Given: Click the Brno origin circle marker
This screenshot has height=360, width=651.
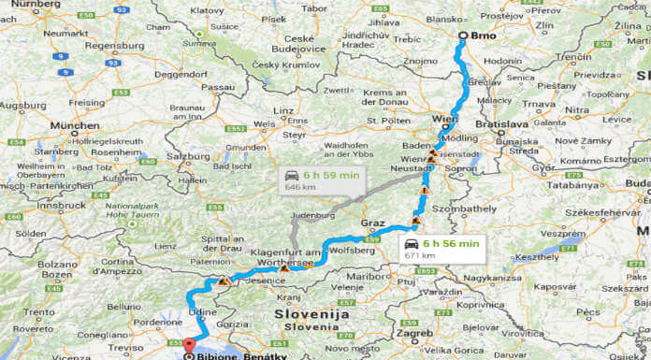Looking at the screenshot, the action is (461, 36).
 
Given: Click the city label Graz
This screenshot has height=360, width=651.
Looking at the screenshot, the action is (372, 223).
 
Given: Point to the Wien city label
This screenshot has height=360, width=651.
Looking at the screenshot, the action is (446, 120).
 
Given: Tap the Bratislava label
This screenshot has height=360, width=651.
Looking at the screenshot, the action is (503, 124).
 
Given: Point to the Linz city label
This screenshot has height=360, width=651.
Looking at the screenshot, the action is (283, 110).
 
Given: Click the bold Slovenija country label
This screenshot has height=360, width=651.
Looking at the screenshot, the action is (312, 315).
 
